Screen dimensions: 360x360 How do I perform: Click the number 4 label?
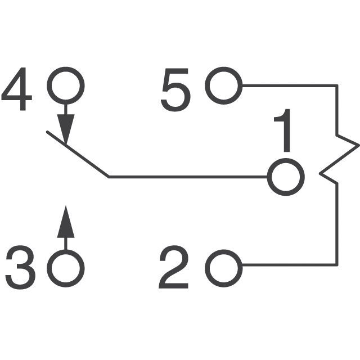point(16,89)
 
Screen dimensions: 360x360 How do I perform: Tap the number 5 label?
point(175,90)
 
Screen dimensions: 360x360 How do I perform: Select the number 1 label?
point(283,130)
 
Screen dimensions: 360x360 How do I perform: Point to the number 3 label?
point(21,268)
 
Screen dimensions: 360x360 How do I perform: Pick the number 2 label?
point(174,267)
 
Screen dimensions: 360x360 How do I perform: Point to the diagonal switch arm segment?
point(78,154)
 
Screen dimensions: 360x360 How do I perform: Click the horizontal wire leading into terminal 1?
point(188,177)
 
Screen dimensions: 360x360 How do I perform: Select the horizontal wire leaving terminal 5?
point(290,85)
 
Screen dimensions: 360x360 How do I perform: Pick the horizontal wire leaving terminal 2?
point(290,265)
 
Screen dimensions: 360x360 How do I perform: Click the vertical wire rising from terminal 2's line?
point(337,224)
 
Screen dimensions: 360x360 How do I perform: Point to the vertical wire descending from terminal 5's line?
point(337,110)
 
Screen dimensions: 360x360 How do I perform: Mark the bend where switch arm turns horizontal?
point(109,177)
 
